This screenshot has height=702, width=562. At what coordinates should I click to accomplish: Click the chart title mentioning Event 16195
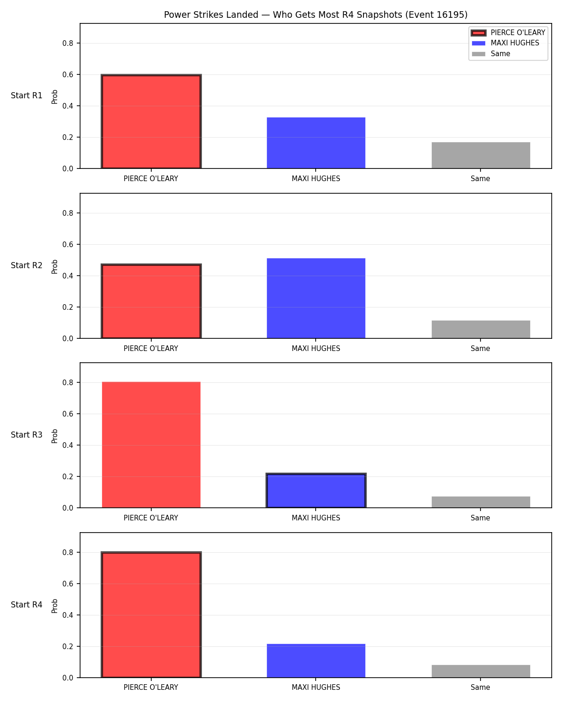tap(316, 15)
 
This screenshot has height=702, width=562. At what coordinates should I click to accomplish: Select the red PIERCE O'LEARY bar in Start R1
tap(151, 121)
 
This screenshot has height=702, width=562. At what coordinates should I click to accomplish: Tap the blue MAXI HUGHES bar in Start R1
tap(316, 143)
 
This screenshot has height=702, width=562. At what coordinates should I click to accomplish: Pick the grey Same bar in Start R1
tap(481, 155)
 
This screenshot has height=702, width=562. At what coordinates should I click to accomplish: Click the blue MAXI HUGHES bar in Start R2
tap(316, 298)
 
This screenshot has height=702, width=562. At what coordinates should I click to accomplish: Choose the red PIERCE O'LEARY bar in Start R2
tap(151, 301)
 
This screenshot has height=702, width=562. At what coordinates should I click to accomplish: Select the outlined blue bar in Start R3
tap(316, 490)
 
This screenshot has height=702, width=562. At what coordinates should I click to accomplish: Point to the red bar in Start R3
tap(151, 445)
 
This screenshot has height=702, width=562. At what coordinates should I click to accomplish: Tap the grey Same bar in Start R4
tap(481, 671)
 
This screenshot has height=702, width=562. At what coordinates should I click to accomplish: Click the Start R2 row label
tap(26, 265)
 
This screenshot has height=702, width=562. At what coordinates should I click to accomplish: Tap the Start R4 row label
tap(26, 605)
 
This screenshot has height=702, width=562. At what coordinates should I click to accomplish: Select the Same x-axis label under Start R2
tap(481, 348)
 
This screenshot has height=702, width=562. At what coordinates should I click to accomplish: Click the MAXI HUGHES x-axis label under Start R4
tap(316, 687)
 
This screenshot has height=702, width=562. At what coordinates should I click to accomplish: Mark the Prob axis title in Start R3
tap(54, 436)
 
